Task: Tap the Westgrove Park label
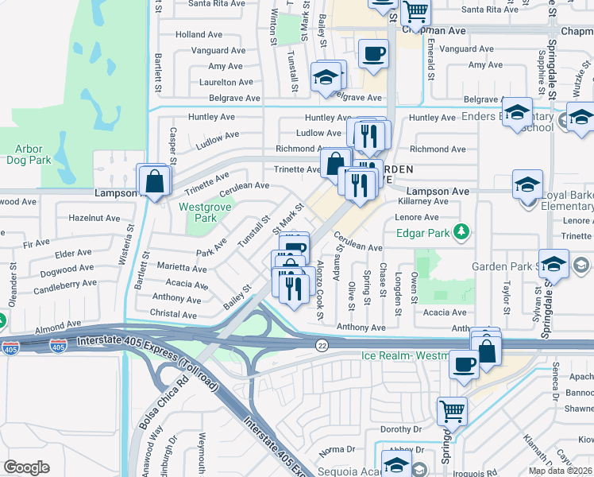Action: click(x=198, y=212)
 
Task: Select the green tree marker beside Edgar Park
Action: click(x=460, y=233)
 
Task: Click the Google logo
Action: click(x=26, y=467)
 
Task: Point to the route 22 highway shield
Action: click(x=322, y=343)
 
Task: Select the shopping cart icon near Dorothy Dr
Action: click(x=452, y=411)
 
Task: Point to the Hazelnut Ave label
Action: click(x=94, y=218)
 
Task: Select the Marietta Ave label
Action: click(x=182, y=269)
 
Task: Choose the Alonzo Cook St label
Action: click(x=321, y=289)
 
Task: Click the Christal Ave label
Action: click(x=173, y=314)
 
